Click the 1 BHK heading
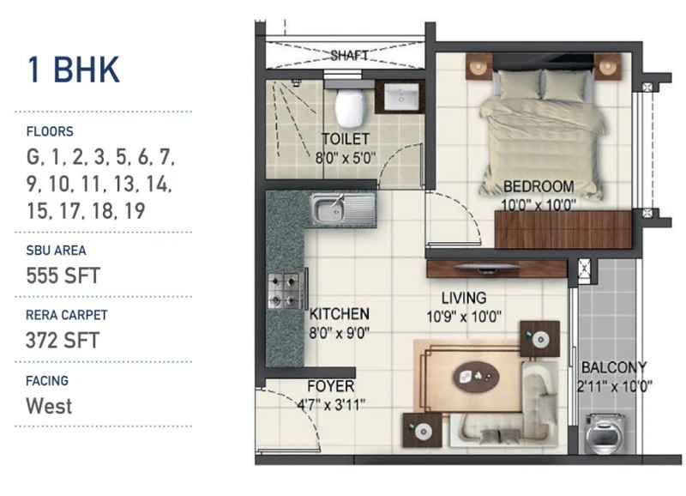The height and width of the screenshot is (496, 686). coord(73,70)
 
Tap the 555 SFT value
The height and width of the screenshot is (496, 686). coord(63,275)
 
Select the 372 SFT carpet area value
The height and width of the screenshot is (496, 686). coord(63,340)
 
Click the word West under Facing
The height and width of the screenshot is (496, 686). coord(49,406)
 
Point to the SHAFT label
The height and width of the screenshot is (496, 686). coord(349,56)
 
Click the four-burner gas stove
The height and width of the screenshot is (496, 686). coord(285,290)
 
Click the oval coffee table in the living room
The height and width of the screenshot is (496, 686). coord(477,377)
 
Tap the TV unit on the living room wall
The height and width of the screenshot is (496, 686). coord(497,269)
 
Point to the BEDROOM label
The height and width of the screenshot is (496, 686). coord(539,186)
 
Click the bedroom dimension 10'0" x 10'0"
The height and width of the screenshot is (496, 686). coord(539,204)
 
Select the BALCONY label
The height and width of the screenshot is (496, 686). coord(613,367)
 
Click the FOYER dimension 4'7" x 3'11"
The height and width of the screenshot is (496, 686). coord(331,405)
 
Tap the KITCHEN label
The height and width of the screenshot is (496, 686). coord(339,314)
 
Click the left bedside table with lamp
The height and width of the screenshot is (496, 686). coord(479,67)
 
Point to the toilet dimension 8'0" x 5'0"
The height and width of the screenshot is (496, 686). coord(346,158)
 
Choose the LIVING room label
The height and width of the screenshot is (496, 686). coord(464,298)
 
